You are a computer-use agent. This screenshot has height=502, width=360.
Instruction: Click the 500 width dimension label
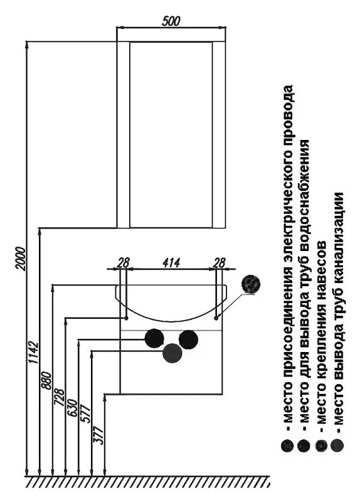click(171, 21)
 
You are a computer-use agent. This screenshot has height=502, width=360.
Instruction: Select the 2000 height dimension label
click(20, 259)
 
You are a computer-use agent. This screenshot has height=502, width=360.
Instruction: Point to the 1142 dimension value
click(33, 353)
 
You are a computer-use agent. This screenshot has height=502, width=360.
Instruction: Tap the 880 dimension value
click(46, 380)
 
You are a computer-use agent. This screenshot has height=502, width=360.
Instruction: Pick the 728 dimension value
click(60, 397)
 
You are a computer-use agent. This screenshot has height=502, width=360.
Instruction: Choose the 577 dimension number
click(86, 414)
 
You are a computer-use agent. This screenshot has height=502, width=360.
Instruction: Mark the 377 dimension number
click(98, 435)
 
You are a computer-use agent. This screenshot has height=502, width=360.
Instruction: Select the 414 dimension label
click(171, 262)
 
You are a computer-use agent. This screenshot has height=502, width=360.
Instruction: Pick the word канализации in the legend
click(339, 237)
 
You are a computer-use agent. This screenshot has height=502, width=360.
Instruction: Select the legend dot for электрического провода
click(287, 446)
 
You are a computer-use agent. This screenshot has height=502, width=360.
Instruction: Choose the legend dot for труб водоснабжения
click(304, 446)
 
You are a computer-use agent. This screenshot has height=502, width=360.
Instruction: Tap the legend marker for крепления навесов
click(321, 446)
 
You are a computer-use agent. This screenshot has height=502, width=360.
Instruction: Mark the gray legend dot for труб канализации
click(337, 446)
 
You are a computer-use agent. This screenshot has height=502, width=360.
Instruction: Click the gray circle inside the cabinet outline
click(172, 353)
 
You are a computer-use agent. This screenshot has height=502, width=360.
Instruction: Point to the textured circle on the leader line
click(251, 284)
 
